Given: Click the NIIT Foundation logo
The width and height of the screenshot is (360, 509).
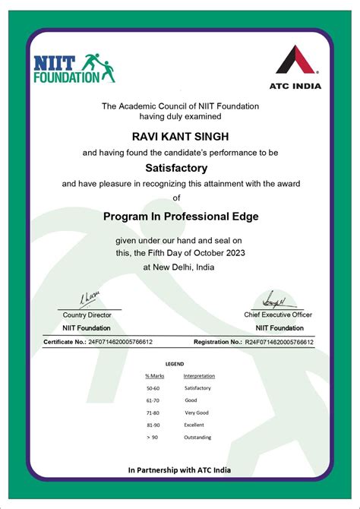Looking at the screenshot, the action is click(x=74, y=68).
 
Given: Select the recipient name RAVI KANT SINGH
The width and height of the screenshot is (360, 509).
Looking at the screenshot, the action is click(x=180, y=138).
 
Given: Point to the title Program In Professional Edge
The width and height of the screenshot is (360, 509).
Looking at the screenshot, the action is click(x=181, y=217).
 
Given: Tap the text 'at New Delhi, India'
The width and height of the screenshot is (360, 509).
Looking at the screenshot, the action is click(x=179, y=267).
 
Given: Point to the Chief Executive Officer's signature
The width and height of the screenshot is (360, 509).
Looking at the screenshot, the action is click(x=276, y=300).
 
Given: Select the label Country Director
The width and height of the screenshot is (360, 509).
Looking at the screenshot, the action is click(x=87, y=315).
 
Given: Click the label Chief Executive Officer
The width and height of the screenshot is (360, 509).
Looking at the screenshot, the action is click(x=278, y=315).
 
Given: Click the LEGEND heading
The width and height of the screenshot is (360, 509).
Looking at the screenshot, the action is click(x=175, y=364).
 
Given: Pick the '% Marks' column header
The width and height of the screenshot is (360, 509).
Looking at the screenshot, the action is click(x=155, y=376).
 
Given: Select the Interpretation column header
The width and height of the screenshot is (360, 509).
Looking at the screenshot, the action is click(x=199, y=376).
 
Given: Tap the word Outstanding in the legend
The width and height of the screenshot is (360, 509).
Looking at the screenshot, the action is click(x=197, y=437).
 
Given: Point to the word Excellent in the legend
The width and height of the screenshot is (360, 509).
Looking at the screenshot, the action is click(x=194, y=425).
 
